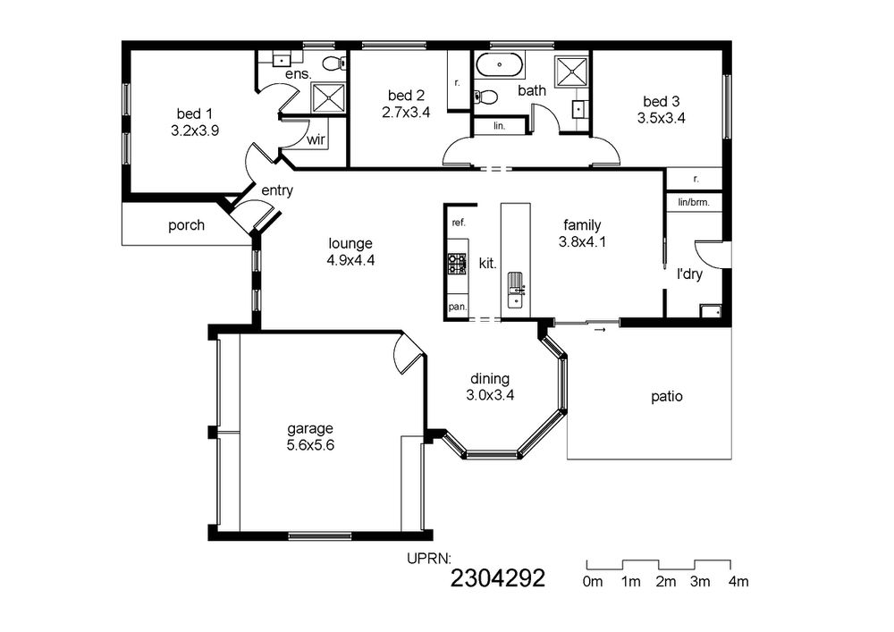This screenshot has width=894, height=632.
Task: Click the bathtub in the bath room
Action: [499, 65]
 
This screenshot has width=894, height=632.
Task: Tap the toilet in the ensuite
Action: [333, 63]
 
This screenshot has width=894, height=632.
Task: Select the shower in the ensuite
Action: [328, 98]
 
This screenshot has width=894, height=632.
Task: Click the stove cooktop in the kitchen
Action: [457, 264]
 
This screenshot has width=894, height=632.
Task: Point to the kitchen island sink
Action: [517, 290]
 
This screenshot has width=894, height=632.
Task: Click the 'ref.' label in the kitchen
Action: [459, 223]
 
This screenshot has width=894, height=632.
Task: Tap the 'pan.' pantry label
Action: [457, 308]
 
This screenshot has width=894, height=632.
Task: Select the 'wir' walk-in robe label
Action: [316, 139]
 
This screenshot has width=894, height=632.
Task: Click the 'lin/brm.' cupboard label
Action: [694, 202]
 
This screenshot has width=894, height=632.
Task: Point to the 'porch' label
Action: [186, 225]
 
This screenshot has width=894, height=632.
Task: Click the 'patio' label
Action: [667, 396]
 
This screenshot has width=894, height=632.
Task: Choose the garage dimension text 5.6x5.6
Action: [310, 445]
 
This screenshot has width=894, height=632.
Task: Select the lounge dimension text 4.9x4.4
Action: [350, 260]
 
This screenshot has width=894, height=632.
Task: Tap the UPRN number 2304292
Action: [498, 578]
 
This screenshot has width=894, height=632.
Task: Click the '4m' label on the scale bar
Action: [738, 582]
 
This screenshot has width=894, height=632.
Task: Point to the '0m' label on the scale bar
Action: [593, 582]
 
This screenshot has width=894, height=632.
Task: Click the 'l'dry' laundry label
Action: [689, 274]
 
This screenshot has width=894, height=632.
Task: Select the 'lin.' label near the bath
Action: [500, 126]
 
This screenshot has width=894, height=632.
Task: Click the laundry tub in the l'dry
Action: [711, 310]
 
